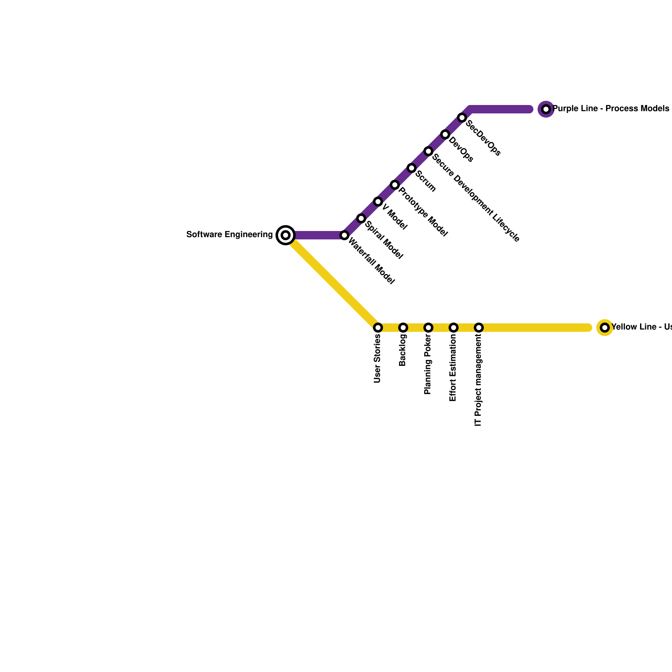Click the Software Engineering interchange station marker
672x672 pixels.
[x=286, y=235]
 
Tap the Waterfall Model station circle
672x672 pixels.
[x=344, y=235]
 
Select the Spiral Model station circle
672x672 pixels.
[x=361, y=218]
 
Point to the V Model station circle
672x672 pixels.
[x=378, y=202]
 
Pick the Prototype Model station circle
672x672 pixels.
[x=395, y=185]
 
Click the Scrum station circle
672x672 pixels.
[x=412, y=168]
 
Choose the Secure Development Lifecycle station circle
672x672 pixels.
[x=428, y=151]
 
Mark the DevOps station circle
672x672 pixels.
[x=445, y=134]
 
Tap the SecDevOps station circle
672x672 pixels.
[x=462, y=118]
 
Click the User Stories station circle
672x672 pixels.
[x=378, y=328]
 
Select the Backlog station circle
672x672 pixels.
[x=403, y=328]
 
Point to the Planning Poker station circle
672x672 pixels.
[x=428, y=328]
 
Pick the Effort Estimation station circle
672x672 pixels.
[x=454, y=328]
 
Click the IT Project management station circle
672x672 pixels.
[x=479, y=328]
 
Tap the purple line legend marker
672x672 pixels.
[x=546, y=109]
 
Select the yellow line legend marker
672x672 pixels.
[x=605, y=328]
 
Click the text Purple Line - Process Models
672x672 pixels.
[x=611, y=109]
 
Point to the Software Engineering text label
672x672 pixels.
[x=229, y=235]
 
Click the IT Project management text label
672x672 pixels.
[x=478, y=381]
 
